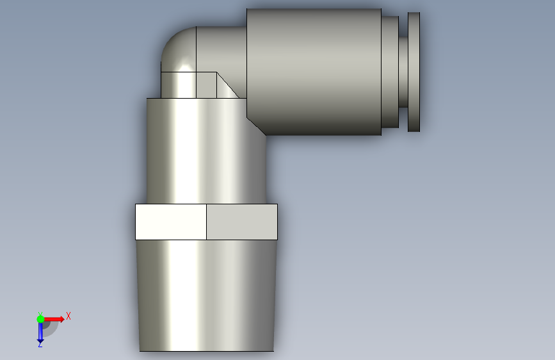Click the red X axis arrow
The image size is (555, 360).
[54, 319]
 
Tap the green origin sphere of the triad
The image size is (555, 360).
[40, 319]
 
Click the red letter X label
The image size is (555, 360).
[68, 316]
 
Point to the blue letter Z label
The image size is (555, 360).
[40, 344]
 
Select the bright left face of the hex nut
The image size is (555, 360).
[171, 222]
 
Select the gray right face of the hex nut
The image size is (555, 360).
[242, 222]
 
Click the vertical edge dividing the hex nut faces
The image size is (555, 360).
[206, 222]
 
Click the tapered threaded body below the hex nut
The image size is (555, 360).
[207, 295]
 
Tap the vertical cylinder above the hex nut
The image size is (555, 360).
[207, 151]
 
